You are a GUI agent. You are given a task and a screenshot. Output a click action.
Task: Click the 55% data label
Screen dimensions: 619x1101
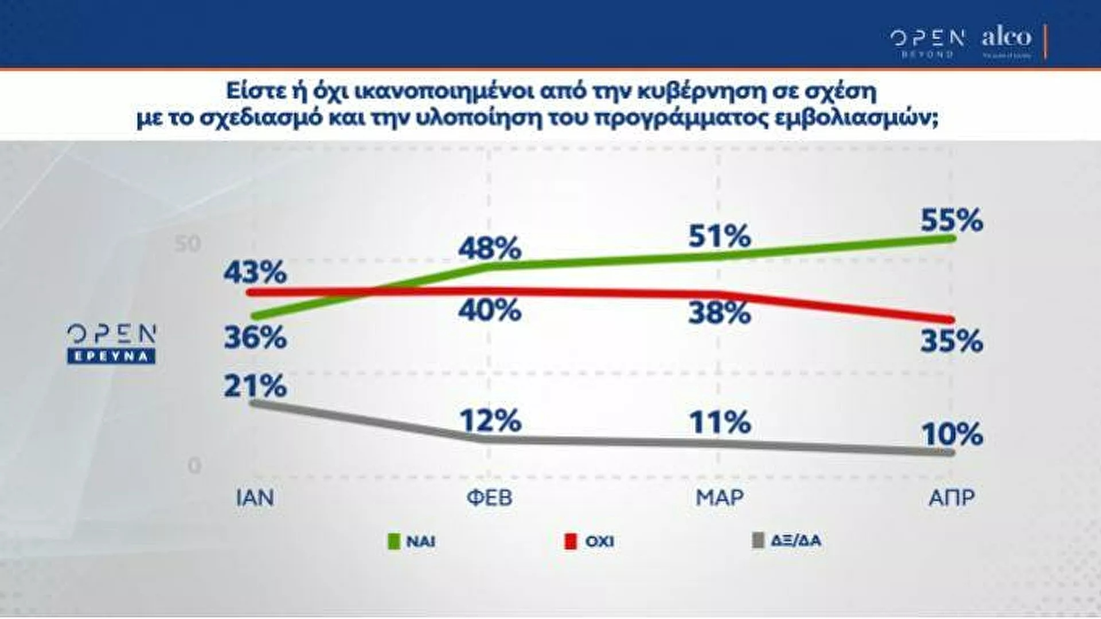pos(951,220)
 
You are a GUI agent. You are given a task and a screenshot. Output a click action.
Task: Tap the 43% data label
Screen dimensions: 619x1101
pos(255,272)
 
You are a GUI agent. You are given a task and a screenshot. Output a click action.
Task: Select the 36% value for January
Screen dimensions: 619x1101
pos(255,338)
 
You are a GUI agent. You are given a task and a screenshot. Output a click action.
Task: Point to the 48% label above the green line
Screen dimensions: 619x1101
pos(490,248)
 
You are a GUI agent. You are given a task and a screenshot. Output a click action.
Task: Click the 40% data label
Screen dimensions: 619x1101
pos(490,311)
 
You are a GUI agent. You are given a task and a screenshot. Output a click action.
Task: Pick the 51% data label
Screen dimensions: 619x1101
pos(720,236)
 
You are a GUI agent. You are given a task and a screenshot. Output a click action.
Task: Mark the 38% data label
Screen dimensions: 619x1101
pos(720,313)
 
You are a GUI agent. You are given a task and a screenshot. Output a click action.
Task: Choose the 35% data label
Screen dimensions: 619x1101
pos(951,342)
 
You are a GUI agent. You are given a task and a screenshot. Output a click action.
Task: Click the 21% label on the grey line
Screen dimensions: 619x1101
pos(255,386)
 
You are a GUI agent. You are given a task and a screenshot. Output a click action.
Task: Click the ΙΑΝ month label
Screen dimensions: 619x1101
pos(255,497)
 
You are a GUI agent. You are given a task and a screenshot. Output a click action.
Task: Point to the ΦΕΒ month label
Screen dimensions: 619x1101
pos(489,497)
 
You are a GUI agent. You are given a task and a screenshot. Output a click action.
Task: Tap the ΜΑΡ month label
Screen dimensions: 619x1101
pos(720,497)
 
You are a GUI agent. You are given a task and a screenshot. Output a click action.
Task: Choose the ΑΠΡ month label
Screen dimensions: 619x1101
pos(951,497)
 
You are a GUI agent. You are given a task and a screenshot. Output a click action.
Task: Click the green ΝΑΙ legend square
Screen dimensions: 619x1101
pos(394,541)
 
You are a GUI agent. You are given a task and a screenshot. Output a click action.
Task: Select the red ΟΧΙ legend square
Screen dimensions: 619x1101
pos(570,541)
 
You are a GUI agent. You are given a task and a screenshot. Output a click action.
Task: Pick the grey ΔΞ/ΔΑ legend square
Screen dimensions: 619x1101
pos(758,540)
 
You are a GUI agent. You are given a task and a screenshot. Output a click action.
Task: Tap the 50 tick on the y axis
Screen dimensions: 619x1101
pos(188,244)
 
